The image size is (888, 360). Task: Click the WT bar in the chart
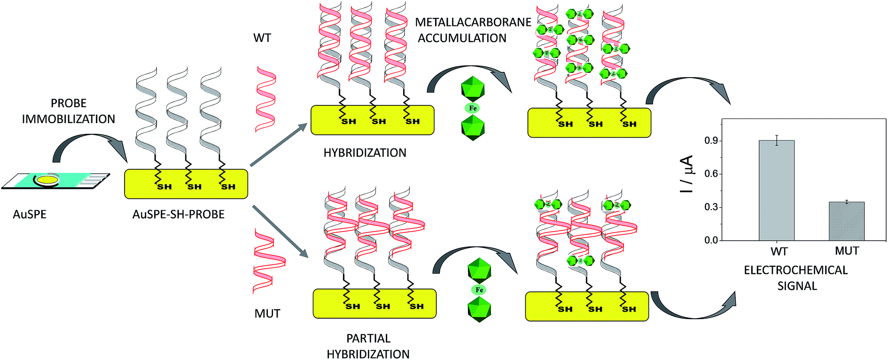coord(777,190)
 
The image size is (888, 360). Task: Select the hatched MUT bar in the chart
coord(846,221)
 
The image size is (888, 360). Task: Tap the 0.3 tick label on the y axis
coord(711,207)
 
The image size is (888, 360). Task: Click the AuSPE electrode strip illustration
coord(55,181)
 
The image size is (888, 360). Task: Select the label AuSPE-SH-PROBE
coord(179,214)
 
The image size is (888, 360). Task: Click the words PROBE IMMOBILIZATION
coord(69,111)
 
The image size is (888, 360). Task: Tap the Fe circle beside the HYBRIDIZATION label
coord(473,108)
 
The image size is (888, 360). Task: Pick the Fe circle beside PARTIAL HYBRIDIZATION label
coord(479,290)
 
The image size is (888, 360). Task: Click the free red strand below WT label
coord(265,99)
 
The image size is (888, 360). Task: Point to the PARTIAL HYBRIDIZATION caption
coord(368,346)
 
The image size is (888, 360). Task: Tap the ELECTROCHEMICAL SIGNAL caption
coord(796,278)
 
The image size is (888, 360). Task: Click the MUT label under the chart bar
coord(847,251)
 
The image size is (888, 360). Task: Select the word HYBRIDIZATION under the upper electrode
coord(365,153)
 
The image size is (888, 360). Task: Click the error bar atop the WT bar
coord(777,140)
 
